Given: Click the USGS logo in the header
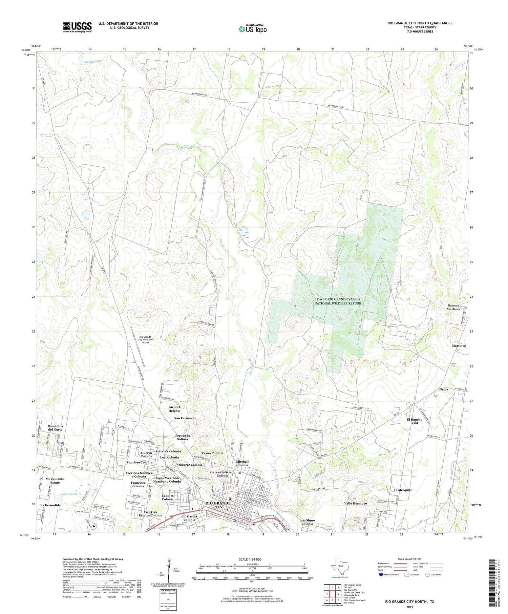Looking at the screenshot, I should tap(77, 27).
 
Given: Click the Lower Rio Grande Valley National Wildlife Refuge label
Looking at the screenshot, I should tap(337, 301).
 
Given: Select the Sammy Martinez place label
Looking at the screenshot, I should tap(453, 307).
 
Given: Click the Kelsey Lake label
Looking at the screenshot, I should tap(69, 494).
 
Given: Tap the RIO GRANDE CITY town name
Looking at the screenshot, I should tap(218, 505).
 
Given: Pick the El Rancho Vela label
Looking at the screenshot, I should tap(415, 421).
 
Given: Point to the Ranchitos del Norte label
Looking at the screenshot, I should tap(55, 428).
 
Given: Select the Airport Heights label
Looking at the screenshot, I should tap(174, 409).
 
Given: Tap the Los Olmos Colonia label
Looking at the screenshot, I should tap(307, 522).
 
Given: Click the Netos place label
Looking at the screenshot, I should tap(444, 389).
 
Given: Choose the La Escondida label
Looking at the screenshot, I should tap(50, 505).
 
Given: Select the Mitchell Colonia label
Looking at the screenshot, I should tap(242, 463).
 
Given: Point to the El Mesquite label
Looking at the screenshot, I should tap(403, 490).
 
